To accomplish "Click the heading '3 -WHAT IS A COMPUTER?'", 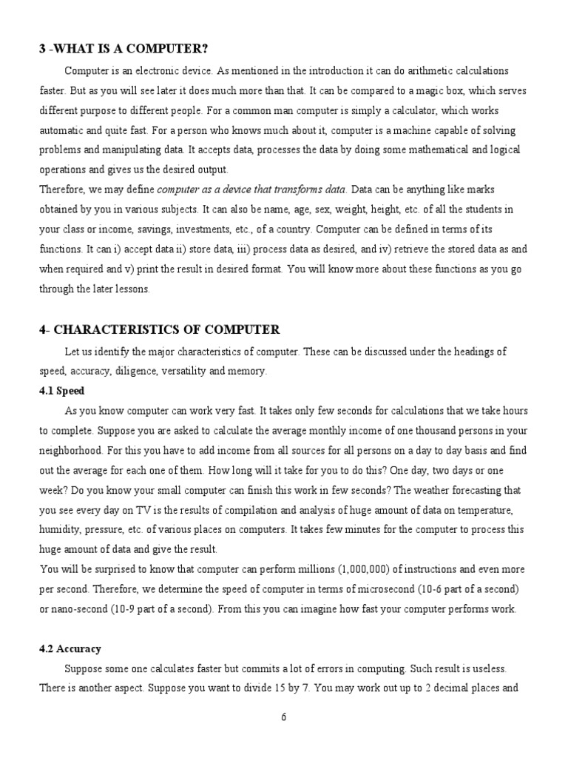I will coord(124,49).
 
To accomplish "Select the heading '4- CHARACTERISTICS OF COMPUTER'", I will coord(160,329).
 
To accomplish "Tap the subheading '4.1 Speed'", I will coord(62,390).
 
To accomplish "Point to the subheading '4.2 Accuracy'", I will coord(70,648).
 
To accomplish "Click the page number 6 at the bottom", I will coord(284,717).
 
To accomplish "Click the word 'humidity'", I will coord(59,529).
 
